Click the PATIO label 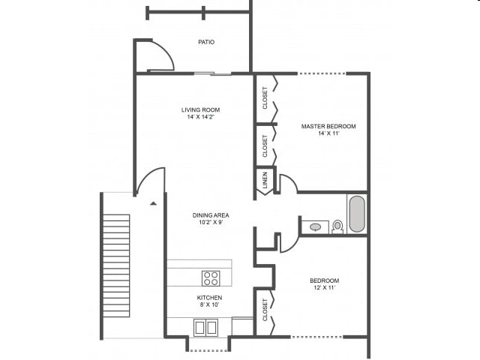(206, 42)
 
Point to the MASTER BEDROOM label (328, 126)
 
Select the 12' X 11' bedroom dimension (325, 289)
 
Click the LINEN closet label (265, 181)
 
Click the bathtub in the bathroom (356, 214)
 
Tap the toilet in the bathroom (337, 225)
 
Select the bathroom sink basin (316, 226)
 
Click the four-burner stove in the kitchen (211, 278)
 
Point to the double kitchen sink (205, 327)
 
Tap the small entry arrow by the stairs (153, 203)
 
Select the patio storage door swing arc (162, 54)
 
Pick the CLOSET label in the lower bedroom (265, 310)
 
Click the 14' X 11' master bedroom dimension (328, 133)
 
